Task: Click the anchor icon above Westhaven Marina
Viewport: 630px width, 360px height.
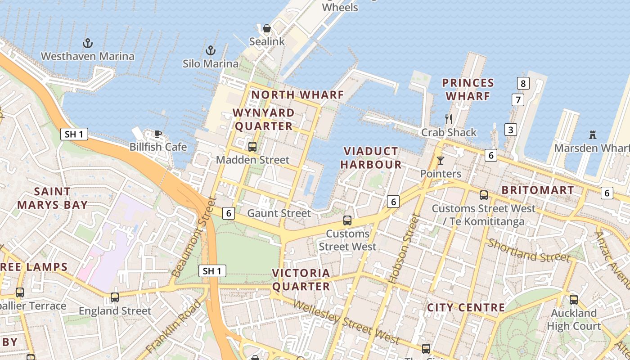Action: (88, 43)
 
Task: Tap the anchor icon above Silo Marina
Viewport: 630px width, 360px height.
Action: (210, 50)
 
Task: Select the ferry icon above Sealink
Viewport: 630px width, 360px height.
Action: (267, 28)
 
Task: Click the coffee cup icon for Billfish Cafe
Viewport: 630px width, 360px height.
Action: (157, 134)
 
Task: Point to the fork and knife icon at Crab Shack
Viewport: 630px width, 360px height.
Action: (448, 119)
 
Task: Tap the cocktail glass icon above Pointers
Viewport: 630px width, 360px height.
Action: (440, 160)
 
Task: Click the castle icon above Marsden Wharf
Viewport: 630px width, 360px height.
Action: (592, 135)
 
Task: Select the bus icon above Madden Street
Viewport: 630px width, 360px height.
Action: (252, 146)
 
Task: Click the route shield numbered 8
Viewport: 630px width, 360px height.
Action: (522, 83)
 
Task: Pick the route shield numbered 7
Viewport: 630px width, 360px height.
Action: (518, 99)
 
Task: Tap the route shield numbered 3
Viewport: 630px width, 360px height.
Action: (510, 130)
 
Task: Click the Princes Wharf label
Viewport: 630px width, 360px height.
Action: (468, 90)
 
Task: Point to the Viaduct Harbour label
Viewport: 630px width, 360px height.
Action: (371, 157)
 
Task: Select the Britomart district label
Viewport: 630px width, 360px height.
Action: (538, 190)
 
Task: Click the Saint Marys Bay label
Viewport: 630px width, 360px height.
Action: (52, 198)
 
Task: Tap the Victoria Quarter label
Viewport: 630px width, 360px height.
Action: (301, 279)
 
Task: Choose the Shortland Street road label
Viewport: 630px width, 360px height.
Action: (529, 250)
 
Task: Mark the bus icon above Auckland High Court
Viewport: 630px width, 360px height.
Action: (574, 299)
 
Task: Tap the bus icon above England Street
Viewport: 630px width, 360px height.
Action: (115, 297)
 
